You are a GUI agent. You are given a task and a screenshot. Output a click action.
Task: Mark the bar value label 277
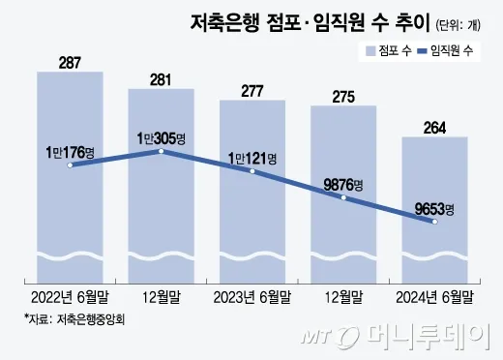251,90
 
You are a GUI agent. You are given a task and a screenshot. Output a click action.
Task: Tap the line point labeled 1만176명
70,165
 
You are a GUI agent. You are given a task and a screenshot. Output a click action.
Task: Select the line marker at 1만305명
161,151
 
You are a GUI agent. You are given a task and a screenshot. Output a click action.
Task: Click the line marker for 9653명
434,222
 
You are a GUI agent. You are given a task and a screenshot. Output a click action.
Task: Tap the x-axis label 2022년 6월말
70,296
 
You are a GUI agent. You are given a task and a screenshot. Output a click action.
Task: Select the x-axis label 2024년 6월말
434,296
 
